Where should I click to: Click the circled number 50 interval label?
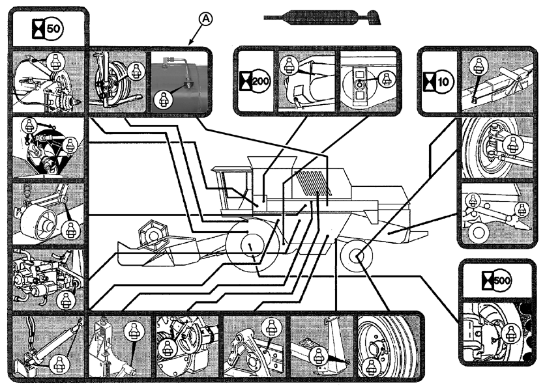coord(54,29)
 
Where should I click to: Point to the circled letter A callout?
coord(205,20)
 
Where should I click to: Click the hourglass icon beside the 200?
coord(248,85)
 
